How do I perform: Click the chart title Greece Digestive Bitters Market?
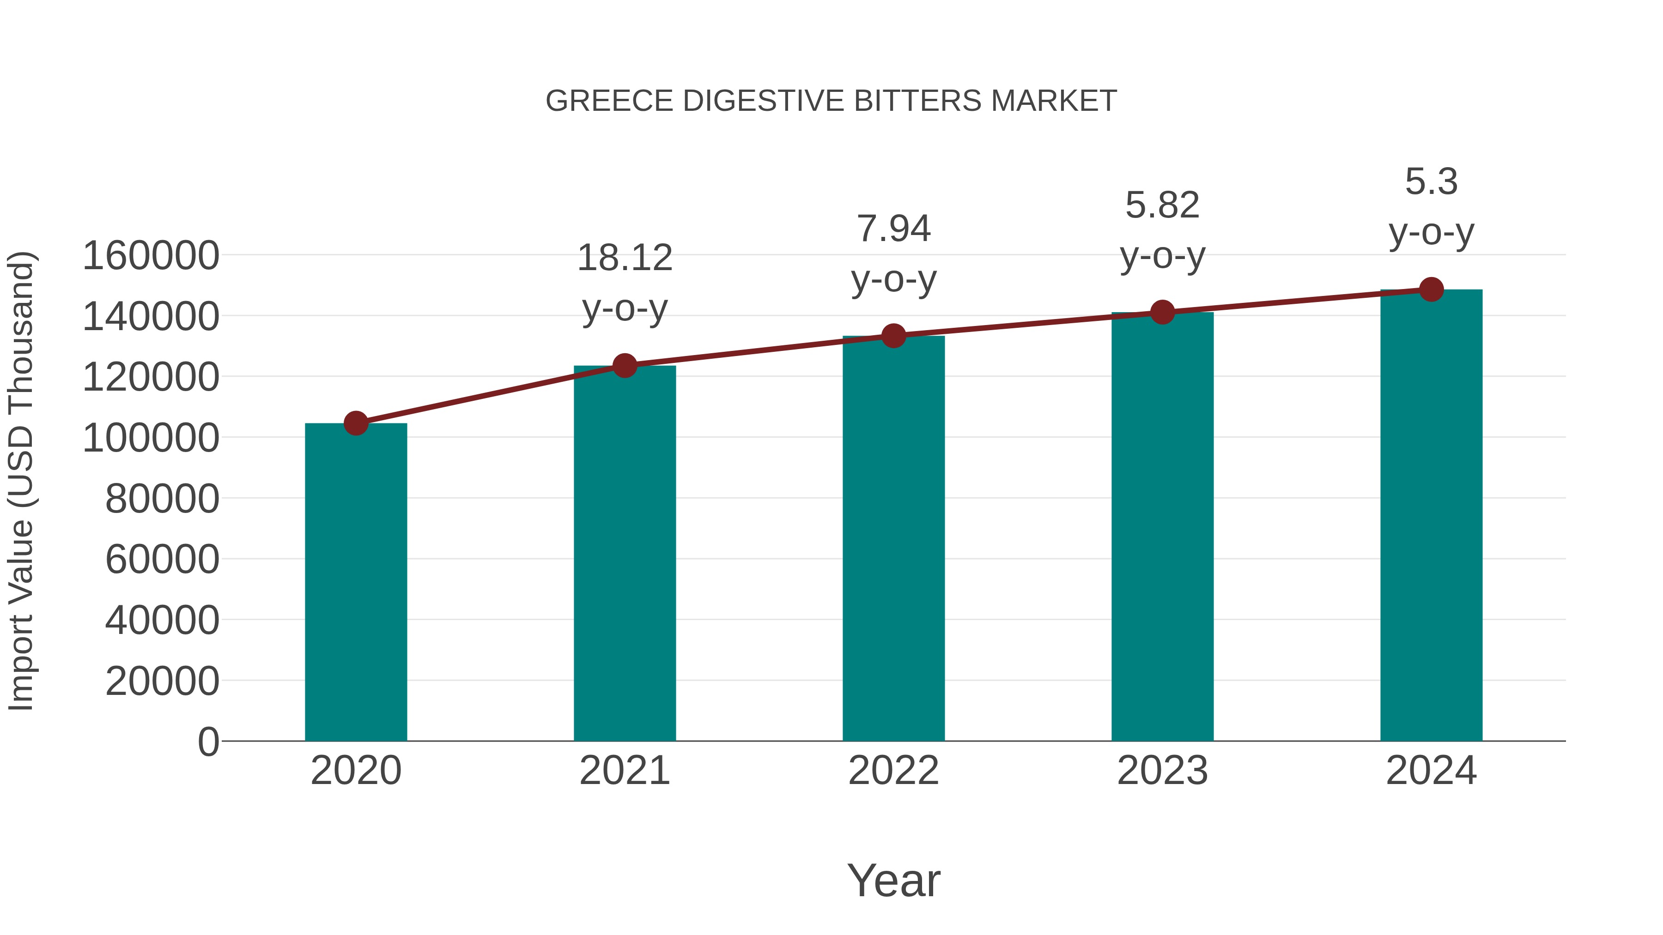tap(831, 101)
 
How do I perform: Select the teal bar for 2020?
tap(356, 581)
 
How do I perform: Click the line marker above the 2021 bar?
tap(624, 366)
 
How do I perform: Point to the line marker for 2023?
tap(1162, 312)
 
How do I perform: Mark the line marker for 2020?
tap(356, 423)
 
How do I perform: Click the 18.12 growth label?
tap(624, 258)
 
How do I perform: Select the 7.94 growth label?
tap(893, 229)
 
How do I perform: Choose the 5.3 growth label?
tap(1431, 182)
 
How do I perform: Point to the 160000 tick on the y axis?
tap(151, 255)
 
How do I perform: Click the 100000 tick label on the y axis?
tap(151, 438)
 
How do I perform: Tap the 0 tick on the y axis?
tap(208, 742)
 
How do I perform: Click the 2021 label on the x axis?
tap(624, 771)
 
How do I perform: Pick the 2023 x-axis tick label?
tap(1162, 771)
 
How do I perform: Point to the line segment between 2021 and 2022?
tap(759, 350)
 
